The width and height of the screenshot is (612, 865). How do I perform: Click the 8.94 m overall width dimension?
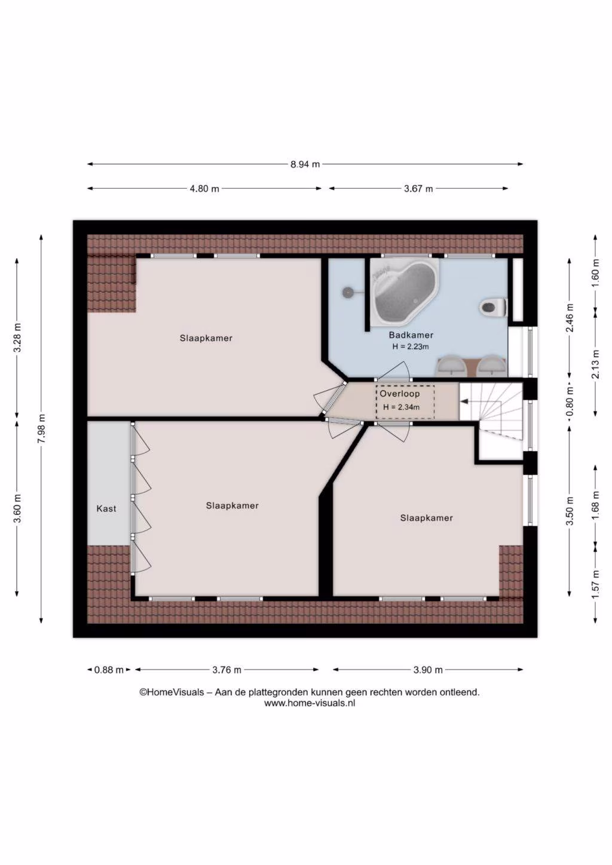(305, 164)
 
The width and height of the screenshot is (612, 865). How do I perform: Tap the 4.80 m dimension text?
(204, 189)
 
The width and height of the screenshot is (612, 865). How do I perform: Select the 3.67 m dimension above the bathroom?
(418, 189)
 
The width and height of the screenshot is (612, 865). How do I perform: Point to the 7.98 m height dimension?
(41, 429)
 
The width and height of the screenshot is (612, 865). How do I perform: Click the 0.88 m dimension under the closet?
(109, 670)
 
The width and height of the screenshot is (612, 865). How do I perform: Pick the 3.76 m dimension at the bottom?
(227, 670)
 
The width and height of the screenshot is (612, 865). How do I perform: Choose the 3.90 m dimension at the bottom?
(428, 670)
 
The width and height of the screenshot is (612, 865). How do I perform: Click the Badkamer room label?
(411, 335)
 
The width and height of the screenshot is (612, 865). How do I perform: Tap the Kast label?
(106, 508)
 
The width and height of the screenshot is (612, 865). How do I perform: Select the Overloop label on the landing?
(399, 394)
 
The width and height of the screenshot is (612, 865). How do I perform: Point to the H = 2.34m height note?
(402, 407)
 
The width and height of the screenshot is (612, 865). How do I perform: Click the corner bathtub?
(405, 292)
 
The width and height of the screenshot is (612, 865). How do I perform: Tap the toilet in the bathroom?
(493, 308)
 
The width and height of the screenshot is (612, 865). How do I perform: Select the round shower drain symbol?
(347, 292)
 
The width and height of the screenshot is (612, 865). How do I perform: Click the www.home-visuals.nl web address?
(310, 703)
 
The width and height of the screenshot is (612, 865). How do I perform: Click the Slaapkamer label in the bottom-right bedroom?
(426, 518)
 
